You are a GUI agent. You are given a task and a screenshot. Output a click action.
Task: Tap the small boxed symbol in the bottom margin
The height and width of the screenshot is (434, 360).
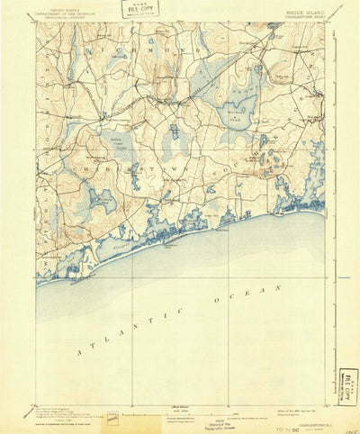[x=112, y=418]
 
